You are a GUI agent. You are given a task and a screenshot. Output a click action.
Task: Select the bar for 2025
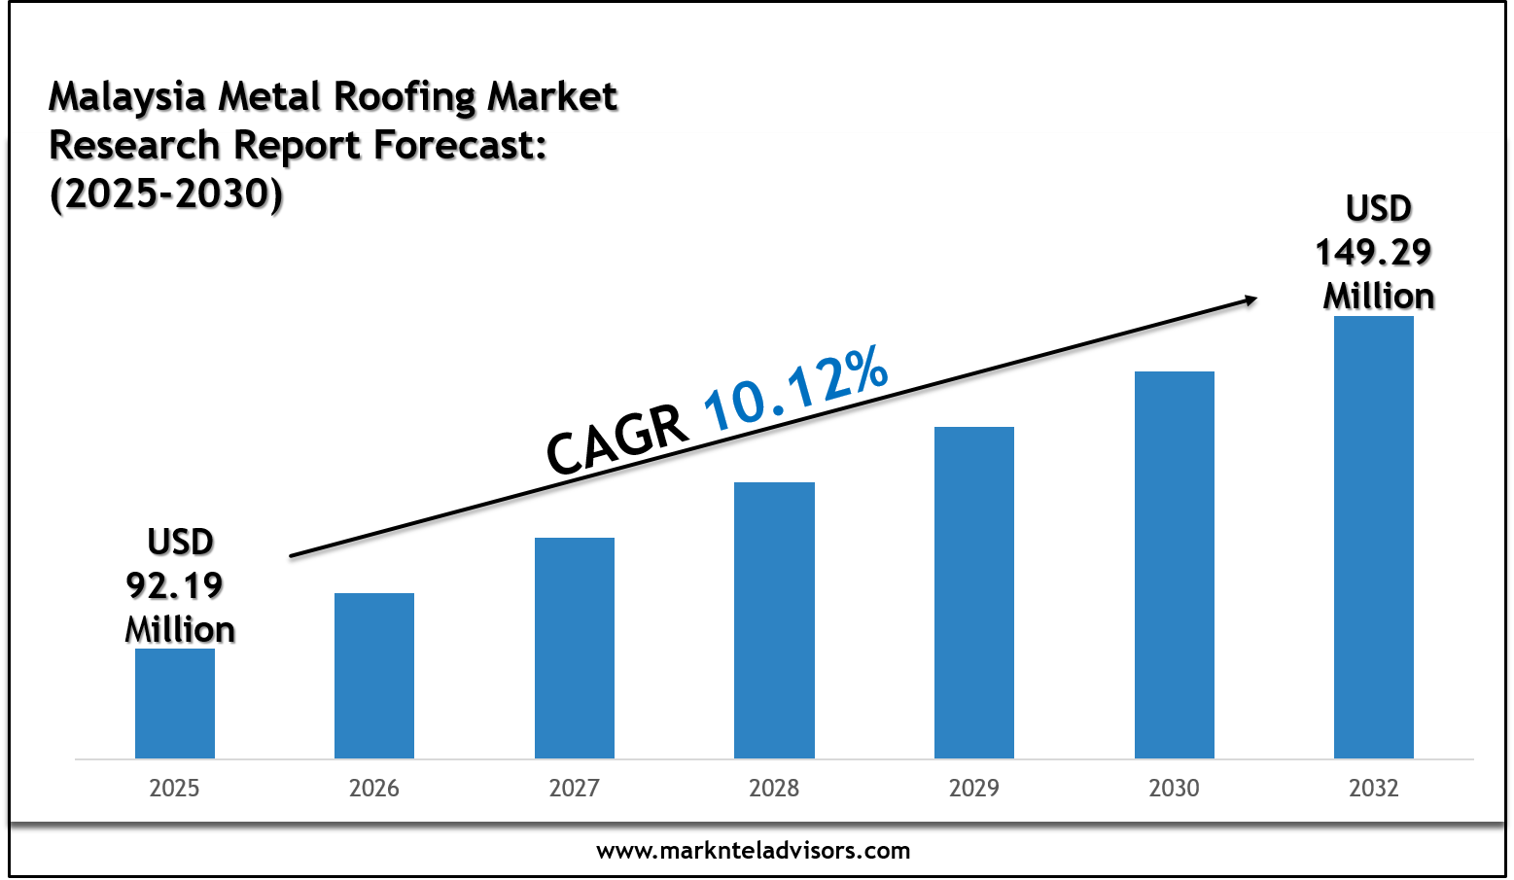(175, 703)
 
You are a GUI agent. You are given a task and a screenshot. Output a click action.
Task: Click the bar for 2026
(374, 676)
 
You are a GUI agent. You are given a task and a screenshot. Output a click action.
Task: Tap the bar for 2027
(575, 648)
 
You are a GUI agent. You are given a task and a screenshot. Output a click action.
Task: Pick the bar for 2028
(774, 620)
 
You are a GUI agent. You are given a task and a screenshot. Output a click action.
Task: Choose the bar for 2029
(974, 592)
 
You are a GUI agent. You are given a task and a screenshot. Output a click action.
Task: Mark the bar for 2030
(1174, 565)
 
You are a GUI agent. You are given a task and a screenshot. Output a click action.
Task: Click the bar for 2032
(1374, 537)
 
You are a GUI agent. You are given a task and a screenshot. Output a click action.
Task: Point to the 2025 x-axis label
(174, 788)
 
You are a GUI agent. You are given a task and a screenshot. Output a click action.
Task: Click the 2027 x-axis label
(575, 788)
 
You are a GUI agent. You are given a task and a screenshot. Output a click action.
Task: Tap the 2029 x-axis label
(974, 788)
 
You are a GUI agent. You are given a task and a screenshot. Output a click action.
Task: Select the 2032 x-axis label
(1374, 788)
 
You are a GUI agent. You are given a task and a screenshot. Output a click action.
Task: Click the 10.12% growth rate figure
(795, 388)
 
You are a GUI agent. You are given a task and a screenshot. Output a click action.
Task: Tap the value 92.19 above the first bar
(175, 585)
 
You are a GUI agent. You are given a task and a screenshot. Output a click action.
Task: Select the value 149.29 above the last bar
(1374, 253)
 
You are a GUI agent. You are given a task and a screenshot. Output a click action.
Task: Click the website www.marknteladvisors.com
(754, 851)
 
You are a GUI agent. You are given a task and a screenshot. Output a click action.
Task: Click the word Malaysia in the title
(127, 96)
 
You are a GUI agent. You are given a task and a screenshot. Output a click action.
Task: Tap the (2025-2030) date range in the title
(166, 194)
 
